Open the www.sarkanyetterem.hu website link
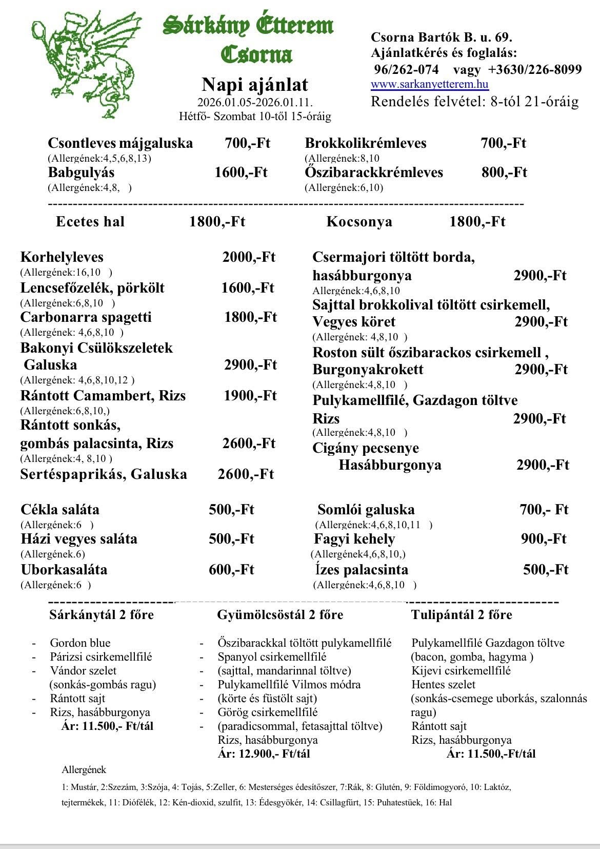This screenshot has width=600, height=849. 429,85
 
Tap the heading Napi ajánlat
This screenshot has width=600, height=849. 254,84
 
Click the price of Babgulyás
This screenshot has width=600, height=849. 241,172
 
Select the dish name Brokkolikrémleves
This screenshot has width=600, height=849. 365,143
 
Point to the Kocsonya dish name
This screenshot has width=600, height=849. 359,222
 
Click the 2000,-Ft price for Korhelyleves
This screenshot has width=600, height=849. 249,257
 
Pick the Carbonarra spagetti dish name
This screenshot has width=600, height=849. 86,317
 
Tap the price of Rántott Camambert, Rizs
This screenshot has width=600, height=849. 250,396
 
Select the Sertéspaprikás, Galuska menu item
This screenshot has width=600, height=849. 104,474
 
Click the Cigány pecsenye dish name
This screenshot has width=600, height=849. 366,448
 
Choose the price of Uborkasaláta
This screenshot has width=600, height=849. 231,570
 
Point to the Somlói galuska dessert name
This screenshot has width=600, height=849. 366,510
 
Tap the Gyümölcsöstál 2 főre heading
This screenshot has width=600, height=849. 280,615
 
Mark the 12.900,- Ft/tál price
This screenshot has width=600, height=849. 264,754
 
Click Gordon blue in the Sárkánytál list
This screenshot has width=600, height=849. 80,643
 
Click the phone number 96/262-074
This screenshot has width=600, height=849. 406,69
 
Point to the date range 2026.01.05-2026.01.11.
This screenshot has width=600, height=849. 255,102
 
